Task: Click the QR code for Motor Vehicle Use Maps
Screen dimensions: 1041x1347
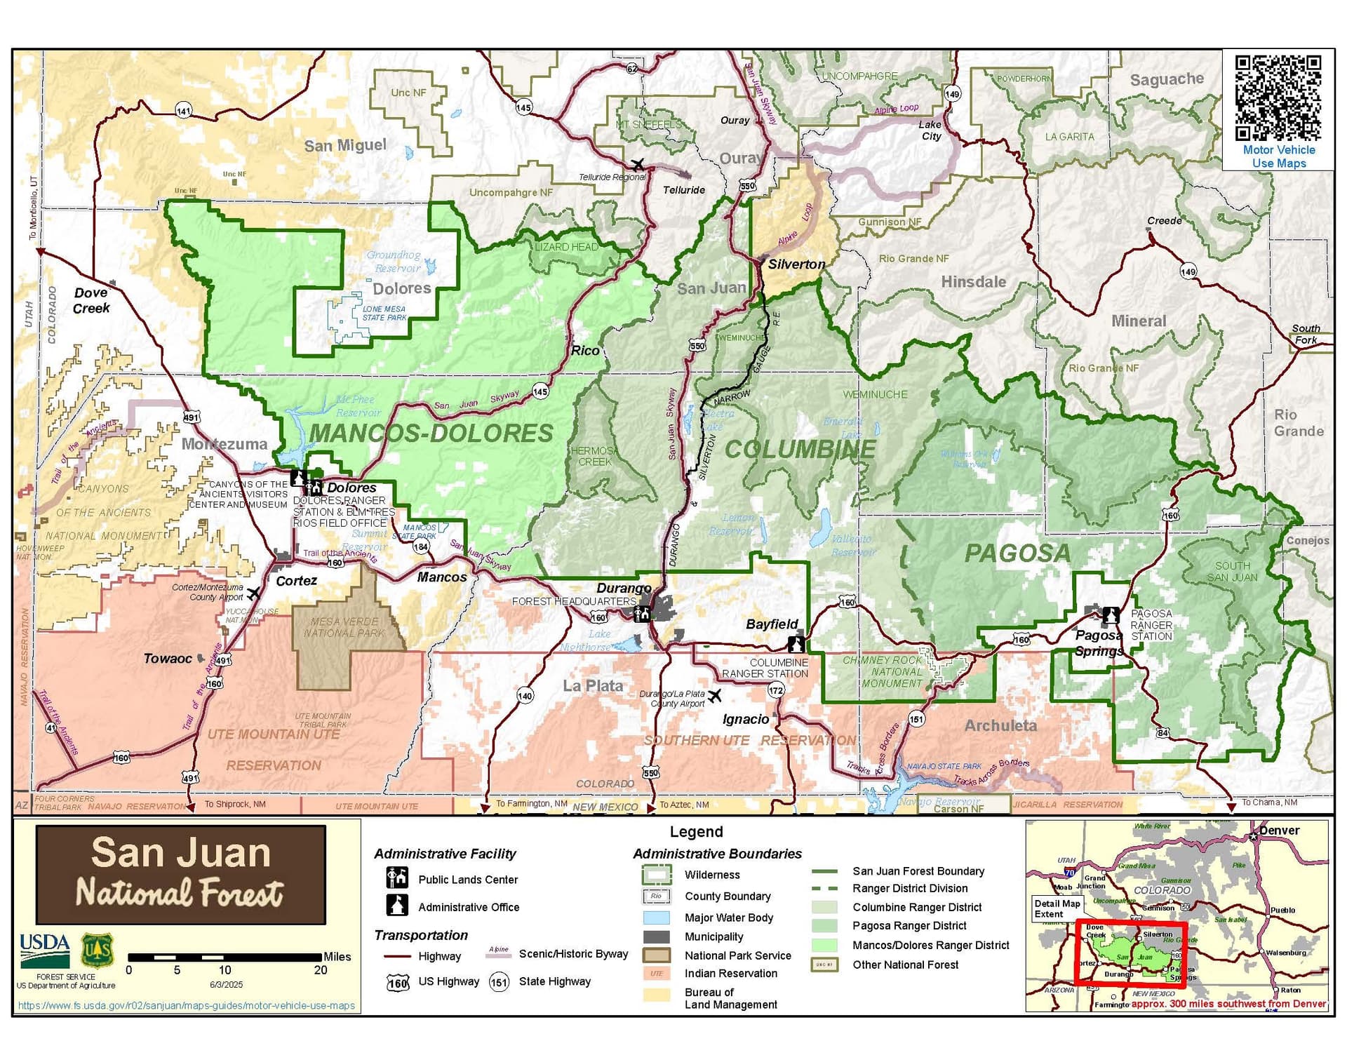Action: [x=1278, y=98]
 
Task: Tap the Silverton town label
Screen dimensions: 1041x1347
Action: [x=796, y=264]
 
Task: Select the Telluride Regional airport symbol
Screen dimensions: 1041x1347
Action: [x=637, y=165]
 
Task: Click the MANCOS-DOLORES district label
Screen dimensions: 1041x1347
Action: [x=431, y=434]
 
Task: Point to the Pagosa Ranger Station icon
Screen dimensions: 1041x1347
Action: [x=1110, y=616]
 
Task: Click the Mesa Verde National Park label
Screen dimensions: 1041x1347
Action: [x=344, y=627]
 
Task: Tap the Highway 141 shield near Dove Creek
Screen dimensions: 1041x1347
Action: [x=183, y=111]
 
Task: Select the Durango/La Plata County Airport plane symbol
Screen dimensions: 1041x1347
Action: [x=714, y=695]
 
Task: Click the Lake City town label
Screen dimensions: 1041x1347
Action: [x=930, y=130]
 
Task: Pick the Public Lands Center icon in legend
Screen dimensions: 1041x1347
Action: [x=397, y=878]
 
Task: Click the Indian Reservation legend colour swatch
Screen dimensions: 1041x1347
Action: [x=657, y=974]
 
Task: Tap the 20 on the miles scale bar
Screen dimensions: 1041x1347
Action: [x=320, y=971]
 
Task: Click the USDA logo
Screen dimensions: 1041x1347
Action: [x=44, y=951]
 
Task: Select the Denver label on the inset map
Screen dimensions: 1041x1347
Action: [x=1279, y=831]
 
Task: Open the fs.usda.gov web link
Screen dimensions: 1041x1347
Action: [x=187, y=1006]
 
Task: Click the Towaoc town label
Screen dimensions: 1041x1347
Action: [x=168, y=659]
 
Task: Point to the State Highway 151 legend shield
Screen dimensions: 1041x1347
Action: [x=499, y=982]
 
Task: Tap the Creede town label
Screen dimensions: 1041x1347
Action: [x=1164, y=221]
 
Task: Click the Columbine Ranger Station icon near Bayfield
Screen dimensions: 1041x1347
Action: [x=796, y=643]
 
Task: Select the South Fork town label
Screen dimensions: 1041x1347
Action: [x=1306, y=334]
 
